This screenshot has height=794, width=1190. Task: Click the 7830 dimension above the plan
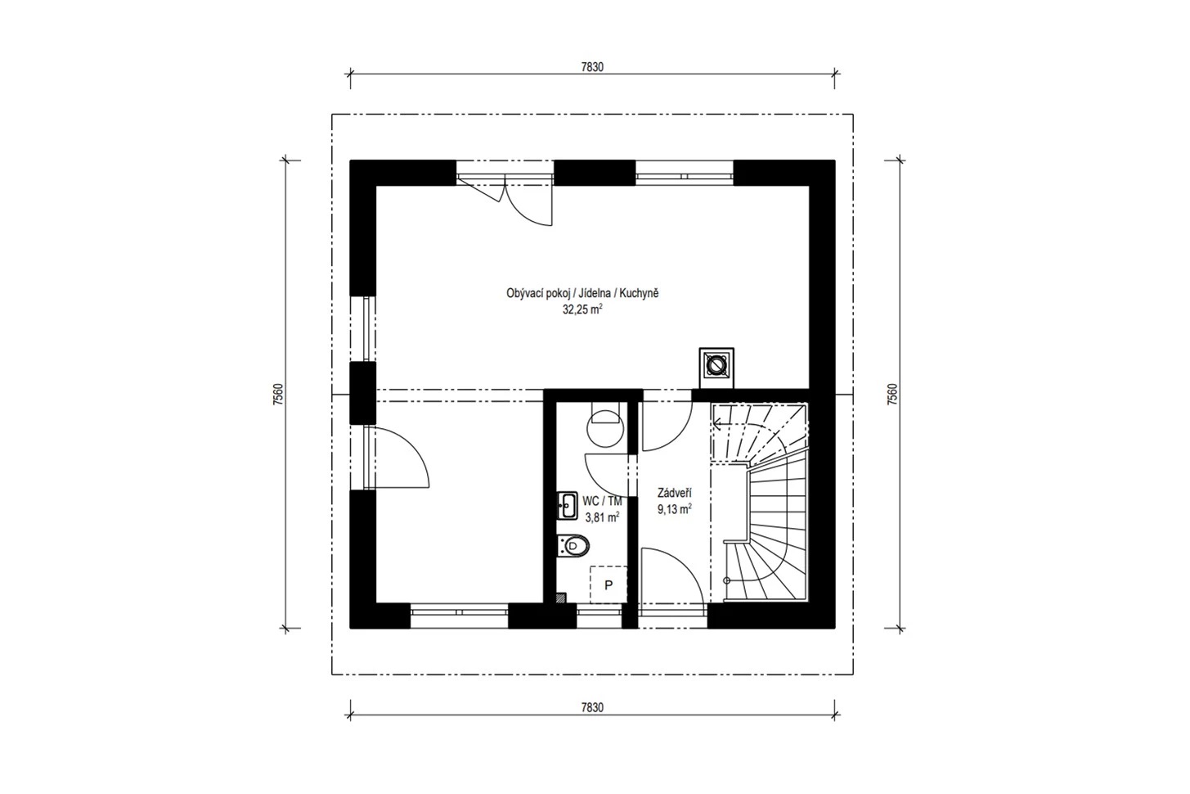click(592, 67)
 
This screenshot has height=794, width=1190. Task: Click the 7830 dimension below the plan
click(592, 707)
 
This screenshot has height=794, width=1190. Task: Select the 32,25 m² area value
click(582, 309)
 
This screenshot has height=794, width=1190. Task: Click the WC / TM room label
click(602, 501)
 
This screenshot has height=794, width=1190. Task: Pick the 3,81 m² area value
click(602, 517)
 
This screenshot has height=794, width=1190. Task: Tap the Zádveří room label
click(674, 493)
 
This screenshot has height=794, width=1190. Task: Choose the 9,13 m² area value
click(674, 509)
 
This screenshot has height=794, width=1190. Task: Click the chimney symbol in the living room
click(716, 367)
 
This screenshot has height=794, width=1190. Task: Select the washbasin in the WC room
click(568, 505)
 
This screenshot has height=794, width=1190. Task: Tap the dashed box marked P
click(608, 584)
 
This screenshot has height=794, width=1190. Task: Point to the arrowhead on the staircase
click(716, 424)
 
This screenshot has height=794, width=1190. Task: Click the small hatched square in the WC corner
click(560, 598)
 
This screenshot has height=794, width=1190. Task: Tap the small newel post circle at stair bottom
click(727, 580)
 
